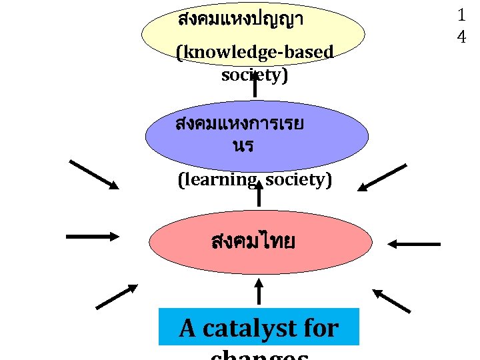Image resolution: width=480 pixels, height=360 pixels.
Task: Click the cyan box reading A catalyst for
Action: click(x=259, y=327)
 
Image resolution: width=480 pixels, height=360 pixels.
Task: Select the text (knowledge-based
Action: click(x=255, y=52)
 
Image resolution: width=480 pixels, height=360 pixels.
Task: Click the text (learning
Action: click(x=217, y=180)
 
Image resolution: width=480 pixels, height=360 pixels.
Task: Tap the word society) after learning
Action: click(x=299, y=180)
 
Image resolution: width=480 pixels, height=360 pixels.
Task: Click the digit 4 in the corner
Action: click(x=461, y=37)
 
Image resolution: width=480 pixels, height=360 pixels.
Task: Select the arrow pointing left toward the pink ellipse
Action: click(x=415, y=245)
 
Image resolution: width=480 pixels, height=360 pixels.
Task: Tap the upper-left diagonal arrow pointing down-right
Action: click(x=94, y=175)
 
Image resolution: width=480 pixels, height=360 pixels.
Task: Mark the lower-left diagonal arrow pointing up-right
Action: click(x=116, y=297)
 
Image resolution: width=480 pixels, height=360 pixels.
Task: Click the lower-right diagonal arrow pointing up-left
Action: click(x=391, y=301)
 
